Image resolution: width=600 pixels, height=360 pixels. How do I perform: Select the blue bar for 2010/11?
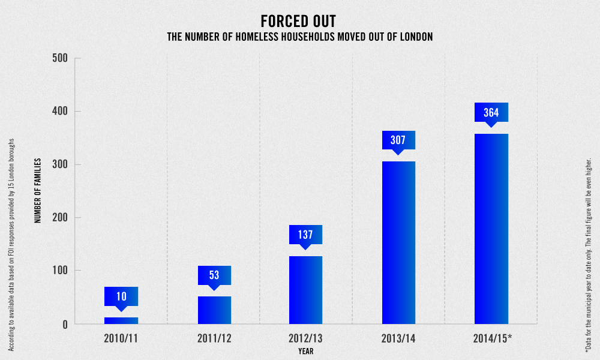click(x=121, y=320)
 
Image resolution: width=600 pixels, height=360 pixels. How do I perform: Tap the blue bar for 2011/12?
click(x=214, y=310)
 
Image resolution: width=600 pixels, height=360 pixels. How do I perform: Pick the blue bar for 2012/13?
click(x=305, y=290)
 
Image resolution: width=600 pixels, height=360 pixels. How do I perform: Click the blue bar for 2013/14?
click(x=398, y=242)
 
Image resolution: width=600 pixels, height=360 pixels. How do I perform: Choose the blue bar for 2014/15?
click(x=491, y=229)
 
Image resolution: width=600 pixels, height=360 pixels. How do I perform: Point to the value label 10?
click(x=121, y=296)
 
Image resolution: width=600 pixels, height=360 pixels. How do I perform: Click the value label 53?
click(x=214, y=275)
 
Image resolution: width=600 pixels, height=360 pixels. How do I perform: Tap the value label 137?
click(x=305, y=235)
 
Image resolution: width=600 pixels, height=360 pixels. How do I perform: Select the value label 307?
click(x=398, y=140)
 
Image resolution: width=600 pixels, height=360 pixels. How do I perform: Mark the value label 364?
click(x=491, y=112)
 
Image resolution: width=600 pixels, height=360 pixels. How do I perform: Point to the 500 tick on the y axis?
click(x=62, y=58)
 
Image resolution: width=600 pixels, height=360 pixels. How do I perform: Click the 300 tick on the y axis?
click(x=62, y=164)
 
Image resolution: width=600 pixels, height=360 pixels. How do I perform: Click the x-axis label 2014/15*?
click(x=492, y=338)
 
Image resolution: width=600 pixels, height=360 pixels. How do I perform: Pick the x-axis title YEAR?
click(x=305, y=351)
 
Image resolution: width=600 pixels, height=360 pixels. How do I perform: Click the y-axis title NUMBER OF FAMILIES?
click(x=38, y=191)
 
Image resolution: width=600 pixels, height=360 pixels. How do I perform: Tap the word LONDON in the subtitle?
click(x=412, y=37)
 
